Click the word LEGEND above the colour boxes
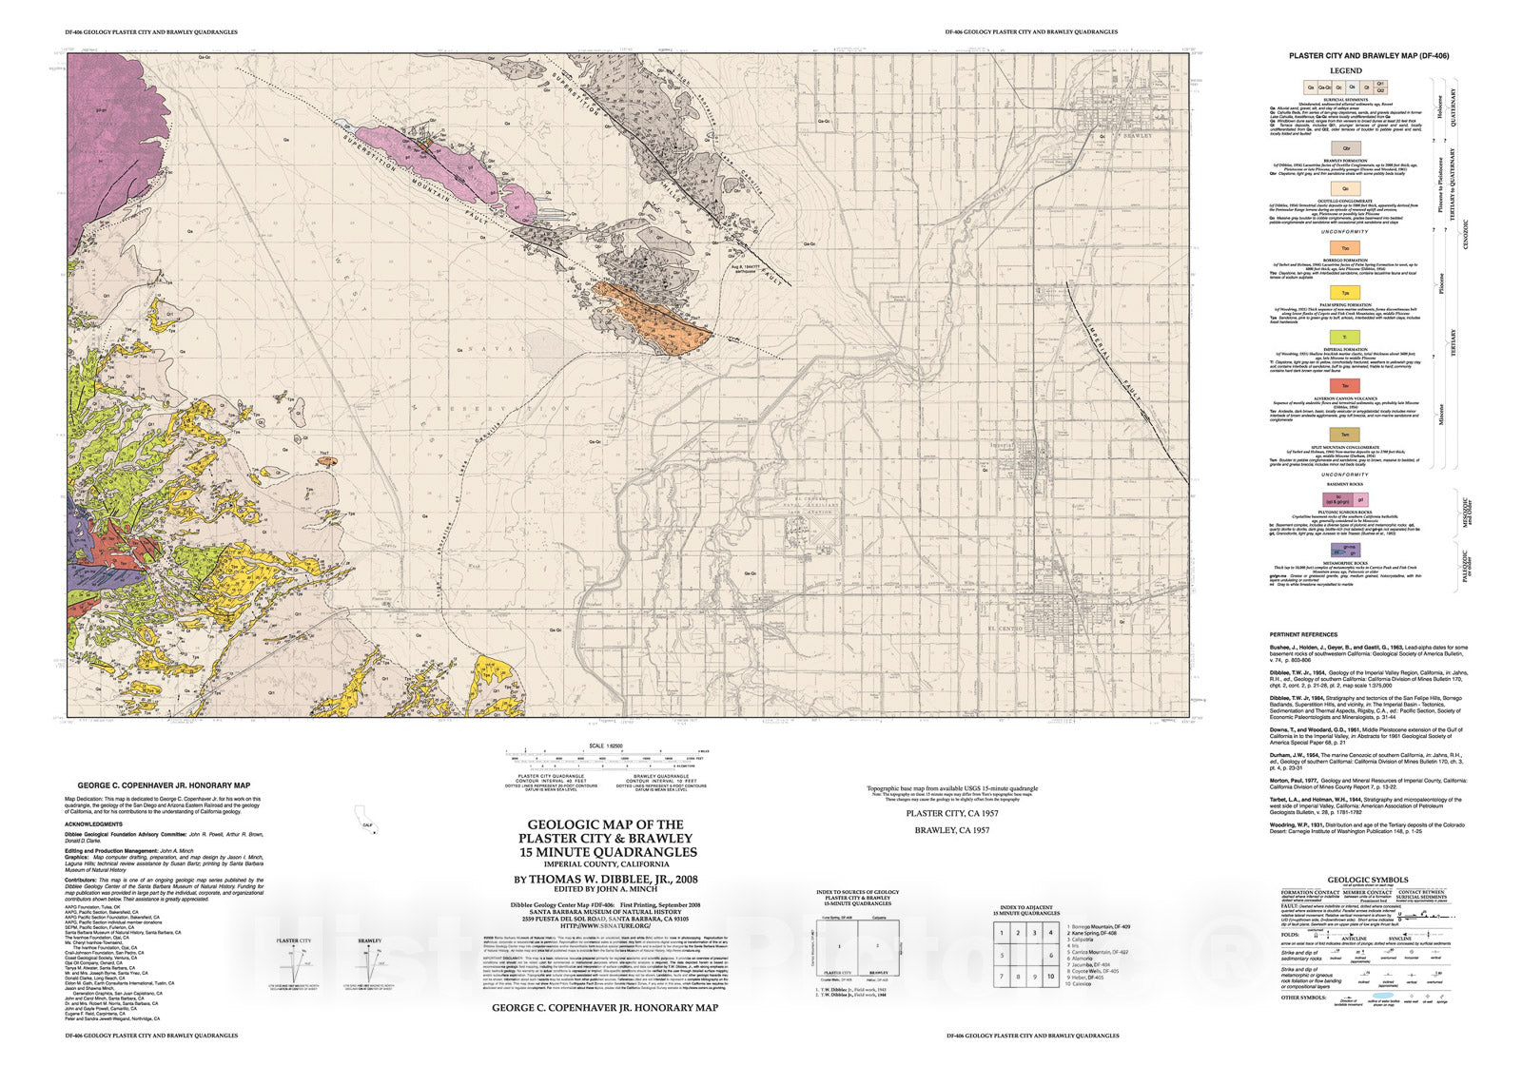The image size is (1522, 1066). click(x=1345, y=71)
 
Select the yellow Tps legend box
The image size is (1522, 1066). click(x=1344, y=293)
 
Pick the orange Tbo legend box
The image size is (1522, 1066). click(x=1344, y=247)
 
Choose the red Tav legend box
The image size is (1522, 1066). click(x=1344, y=384)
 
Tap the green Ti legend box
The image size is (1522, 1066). click(x=1344, y=338)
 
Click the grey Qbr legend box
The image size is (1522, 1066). click(x=1344, y=148)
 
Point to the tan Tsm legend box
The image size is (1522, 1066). click(x=1344, y=434)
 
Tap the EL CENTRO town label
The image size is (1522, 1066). click(x=1005, y=630)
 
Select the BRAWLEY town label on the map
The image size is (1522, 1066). click(x=1138, y=137)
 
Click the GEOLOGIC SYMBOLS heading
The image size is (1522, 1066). click(x=1367, y=880)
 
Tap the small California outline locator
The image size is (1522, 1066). click(x=364, y=819)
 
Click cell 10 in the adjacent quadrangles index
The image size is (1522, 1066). click(x=1050, y=977)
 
